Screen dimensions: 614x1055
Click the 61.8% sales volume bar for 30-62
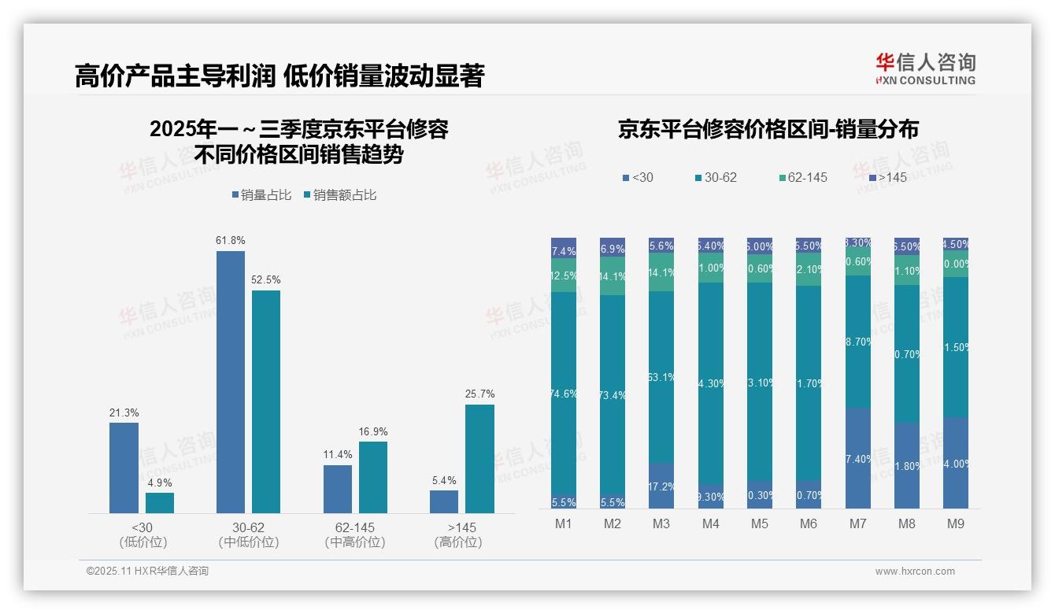(230, 382)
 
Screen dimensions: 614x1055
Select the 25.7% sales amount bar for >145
(479, 459)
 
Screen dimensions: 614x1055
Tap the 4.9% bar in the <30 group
(160, 503)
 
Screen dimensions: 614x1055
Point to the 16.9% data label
(373, 432)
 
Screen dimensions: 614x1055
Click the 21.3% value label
(124, 413)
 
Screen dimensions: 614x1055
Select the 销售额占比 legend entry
(340, 195)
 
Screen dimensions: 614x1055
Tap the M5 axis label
(759, 523)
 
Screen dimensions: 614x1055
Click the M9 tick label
(955, 523)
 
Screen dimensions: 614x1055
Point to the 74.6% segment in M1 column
(564, 394)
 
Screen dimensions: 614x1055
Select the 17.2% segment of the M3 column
(661, 486)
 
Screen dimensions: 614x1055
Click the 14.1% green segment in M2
(613, 276)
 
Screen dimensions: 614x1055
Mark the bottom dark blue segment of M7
(857, 458)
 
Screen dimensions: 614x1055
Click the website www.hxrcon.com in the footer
(914, 571)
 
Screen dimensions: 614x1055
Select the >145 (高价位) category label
(457, 534)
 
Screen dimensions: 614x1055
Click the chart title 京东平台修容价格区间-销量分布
(768, 130)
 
